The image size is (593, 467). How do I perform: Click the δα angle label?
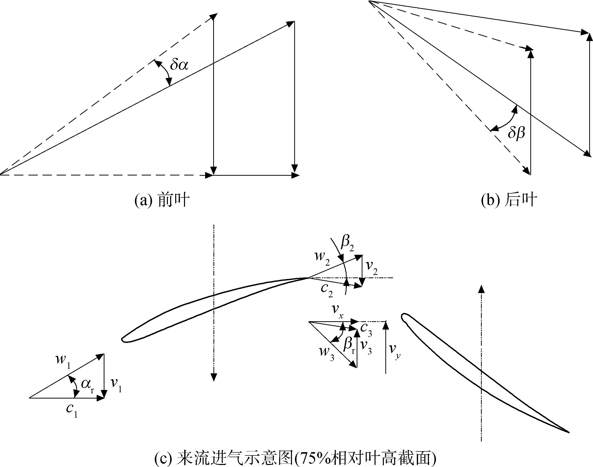coord(179,65)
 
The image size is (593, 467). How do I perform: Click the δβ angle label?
coord(516,134)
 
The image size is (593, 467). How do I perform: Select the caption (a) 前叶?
coord(162,200)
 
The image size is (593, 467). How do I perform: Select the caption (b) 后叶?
coord(509,200)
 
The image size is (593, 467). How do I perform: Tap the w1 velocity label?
coord(63,360)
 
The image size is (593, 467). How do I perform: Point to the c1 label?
coord(72,410)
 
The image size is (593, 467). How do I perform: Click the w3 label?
coord(327,353)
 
